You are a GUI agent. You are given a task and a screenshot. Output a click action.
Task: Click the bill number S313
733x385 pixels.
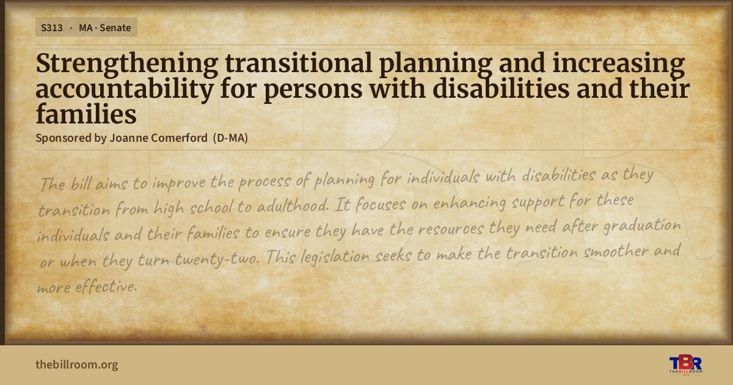click(x=52, y=28)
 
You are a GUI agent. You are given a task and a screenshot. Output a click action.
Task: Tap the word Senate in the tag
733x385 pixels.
click(x=115, y=28)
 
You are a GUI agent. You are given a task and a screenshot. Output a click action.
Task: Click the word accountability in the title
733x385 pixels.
click(x=125, y=90)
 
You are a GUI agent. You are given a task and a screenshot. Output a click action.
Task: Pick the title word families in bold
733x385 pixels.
click(x=86, y=114)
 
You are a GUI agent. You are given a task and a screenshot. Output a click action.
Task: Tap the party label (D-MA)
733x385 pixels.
click(x=230, y=138)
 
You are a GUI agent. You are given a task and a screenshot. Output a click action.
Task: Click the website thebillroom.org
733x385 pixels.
click(x=77, y=364)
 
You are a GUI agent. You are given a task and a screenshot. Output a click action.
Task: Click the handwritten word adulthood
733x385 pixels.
click(x=292, y=206)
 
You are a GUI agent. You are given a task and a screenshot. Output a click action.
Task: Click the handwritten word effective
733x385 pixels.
click(x=106, y=287)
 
